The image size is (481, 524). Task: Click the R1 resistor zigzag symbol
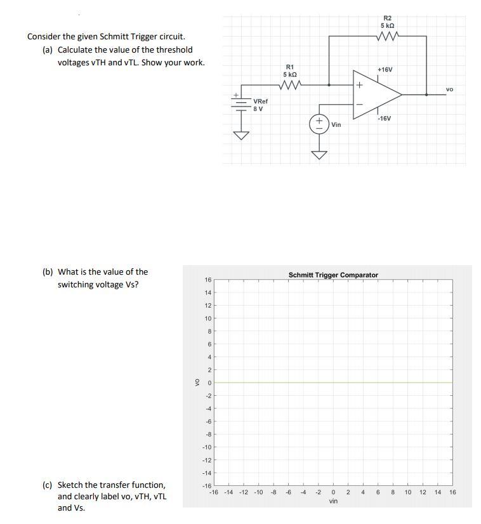(289, 84)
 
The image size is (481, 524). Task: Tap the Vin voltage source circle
(319, 124)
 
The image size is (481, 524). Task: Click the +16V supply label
(385, 69)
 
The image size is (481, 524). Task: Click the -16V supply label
(384, 119)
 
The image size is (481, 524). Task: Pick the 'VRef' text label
(260, 101)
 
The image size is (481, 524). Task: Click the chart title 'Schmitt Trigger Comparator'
(333, 275)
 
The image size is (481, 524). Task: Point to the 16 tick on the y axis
(208, 280)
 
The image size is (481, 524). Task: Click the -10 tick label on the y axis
(206, 447)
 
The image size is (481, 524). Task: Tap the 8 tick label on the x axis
(393, 492)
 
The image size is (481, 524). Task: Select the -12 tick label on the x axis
(244, 492)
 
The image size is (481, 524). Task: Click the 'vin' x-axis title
(333, 501)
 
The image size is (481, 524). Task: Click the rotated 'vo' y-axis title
(197, 383)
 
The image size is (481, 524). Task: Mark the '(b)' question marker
(48, 272)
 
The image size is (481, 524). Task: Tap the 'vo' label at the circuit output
(449, 89)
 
